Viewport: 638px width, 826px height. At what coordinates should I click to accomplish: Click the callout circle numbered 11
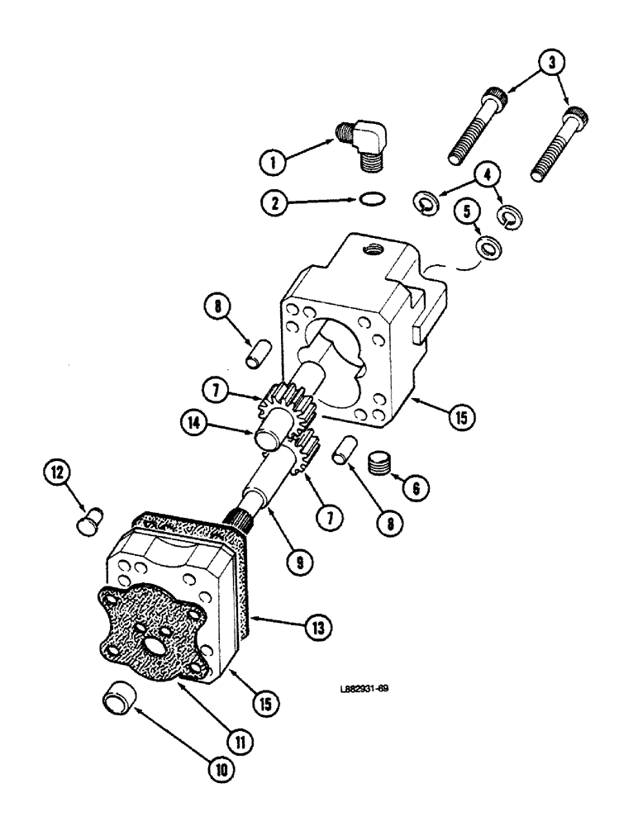click(240, 741)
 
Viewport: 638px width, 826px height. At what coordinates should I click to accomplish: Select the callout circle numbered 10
click(222, 770)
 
